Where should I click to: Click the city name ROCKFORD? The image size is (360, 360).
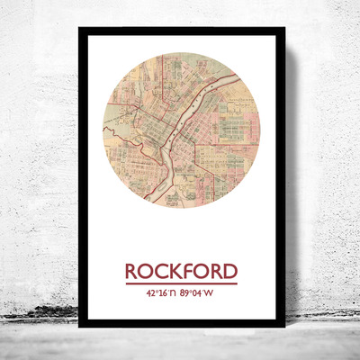pos(181,271)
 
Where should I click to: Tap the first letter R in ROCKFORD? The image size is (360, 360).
pos(130,271)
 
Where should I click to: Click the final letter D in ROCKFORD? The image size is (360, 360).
pos(230,271)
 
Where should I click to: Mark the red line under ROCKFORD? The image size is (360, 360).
pos(181,283)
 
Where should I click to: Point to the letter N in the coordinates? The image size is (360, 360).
pos(172,292)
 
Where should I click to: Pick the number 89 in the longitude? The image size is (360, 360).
pos(186,292)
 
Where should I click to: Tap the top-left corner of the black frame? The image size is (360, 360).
pos(80,30)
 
